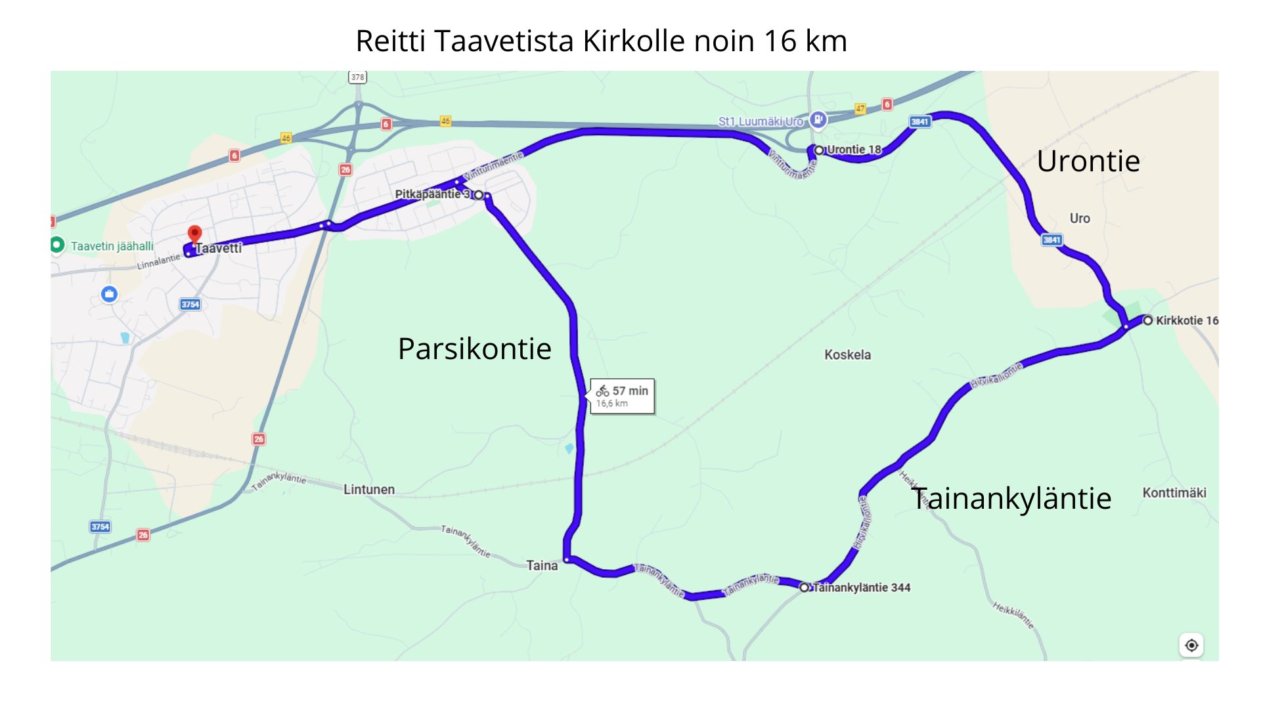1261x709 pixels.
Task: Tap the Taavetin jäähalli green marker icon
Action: pos(57,245)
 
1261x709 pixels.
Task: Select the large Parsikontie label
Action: pos(474,349)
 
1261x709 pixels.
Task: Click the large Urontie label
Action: pos(1088,161)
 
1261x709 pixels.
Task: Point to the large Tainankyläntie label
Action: pos(1011,498)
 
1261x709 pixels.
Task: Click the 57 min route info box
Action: pos(622,396)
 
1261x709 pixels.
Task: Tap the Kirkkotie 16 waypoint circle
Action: pos(1147,320)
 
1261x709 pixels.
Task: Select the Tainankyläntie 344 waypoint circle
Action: pos(804,588)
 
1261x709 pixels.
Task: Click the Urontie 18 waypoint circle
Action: pos(819,150)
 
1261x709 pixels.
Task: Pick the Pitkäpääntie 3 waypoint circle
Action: pos(479,195)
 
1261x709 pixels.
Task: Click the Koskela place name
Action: pos(847,354)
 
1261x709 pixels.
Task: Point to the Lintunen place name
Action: pos(369,489)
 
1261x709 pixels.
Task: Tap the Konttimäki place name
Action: pos(1174,492)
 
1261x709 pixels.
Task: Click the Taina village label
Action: pos(542,565)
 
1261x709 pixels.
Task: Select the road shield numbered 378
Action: pos(357,77)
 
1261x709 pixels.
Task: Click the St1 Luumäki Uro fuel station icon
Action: pos(818,119)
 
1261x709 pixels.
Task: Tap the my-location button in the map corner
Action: pos(1191,645)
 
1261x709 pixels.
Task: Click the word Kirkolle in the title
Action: pos(634,41)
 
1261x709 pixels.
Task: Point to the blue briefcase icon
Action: pos(109,294)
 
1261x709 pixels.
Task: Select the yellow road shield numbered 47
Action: pos(860,109)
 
